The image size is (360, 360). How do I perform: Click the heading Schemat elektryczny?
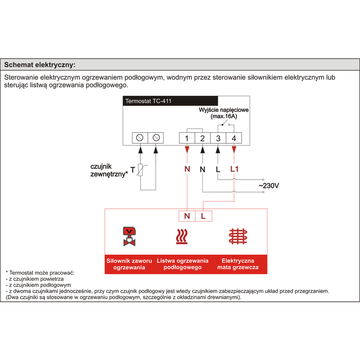(39, 65)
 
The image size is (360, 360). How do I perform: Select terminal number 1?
(187, 138)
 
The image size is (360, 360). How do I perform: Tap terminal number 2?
(202, 138)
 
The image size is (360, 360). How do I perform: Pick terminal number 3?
(218, 138)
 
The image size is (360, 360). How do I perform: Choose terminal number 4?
(234, 138)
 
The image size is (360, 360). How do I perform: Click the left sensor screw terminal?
(140, 138)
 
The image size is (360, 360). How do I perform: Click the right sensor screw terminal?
(156, 138)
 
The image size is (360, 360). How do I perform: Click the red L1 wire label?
(234, 169)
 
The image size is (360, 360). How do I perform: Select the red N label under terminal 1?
(187, 169)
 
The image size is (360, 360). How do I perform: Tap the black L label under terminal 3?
(218, 169)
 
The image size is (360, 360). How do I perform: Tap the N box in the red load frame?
(187, 216)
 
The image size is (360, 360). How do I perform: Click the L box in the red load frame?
(203, 216)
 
